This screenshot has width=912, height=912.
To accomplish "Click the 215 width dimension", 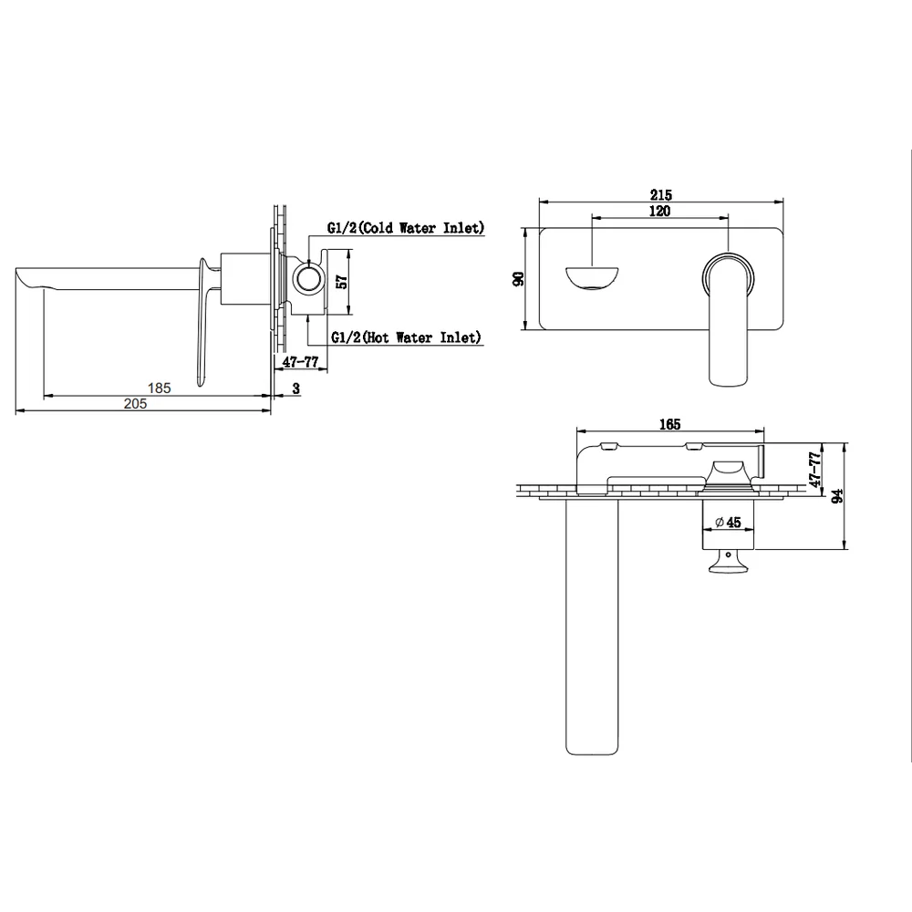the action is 660,194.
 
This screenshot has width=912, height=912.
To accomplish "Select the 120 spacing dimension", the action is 659,211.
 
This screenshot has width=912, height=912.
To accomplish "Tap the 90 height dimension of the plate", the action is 518,278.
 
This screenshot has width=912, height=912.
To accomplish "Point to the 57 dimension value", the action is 343,282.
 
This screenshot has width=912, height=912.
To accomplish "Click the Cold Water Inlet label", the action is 406,227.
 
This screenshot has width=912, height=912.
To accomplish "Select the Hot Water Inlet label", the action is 407,337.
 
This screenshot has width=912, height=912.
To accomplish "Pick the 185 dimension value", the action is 159,388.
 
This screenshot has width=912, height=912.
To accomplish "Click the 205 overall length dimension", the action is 136,404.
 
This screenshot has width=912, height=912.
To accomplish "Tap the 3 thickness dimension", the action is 296,389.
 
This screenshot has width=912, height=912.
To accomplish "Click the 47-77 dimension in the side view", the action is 300,362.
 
